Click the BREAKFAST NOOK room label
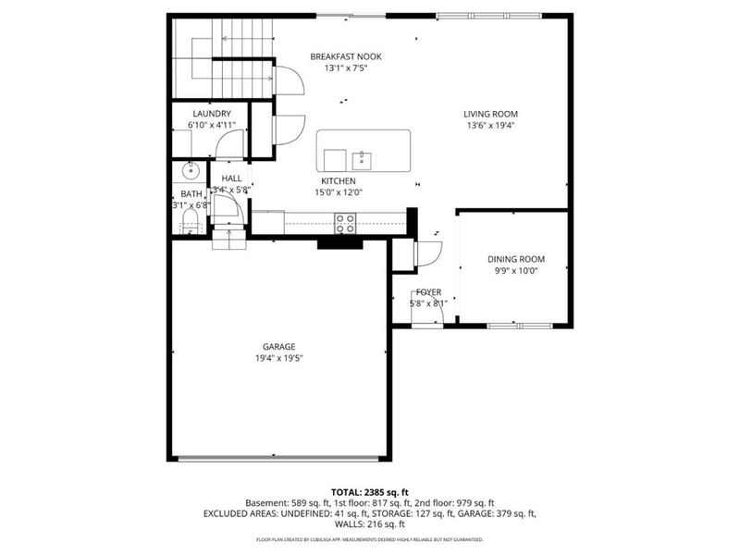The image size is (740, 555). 346,56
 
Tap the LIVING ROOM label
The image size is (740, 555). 490,115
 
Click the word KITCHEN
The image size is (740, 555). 339,180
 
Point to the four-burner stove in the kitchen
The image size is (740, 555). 345,222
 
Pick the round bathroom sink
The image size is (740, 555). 192,171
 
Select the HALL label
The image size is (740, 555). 231,178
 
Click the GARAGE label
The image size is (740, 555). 277,347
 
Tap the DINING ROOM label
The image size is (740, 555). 516,259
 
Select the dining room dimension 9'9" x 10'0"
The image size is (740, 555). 516,271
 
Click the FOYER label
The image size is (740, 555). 427,291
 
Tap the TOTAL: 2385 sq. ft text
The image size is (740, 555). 370,491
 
